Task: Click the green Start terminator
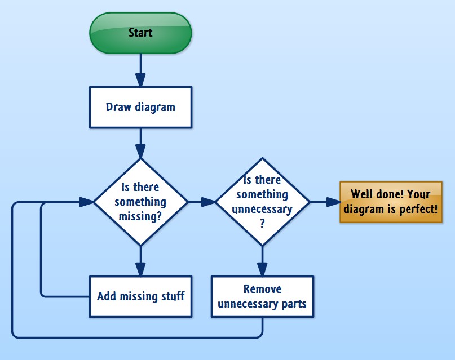pos(140,33)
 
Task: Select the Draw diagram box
pos(140,106)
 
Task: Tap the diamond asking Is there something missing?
pos(140,201)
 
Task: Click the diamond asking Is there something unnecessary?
pos(262,201)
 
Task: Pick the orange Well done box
pos(391,202)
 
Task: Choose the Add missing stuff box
pos(140,296)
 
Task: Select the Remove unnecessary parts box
pos(262,296)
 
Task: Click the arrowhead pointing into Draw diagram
pos(140,79)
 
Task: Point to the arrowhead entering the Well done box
pos(333,202)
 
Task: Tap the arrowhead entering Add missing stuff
pos(140,269)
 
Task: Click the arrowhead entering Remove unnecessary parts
pos(262,269)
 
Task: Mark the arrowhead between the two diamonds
pos(209,202)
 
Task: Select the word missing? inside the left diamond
pos(141,216)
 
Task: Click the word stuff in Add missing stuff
pos(171,296)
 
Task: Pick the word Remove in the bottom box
pos(262,289)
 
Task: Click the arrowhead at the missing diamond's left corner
pos(87,202)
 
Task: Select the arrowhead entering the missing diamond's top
pos(140,150)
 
